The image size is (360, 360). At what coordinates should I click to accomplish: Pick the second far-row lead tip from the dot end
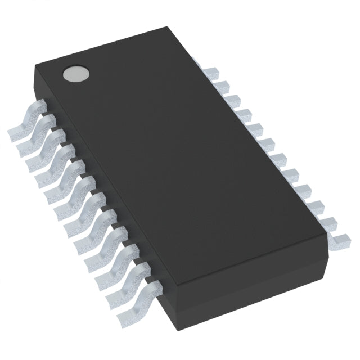point(222,85)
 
